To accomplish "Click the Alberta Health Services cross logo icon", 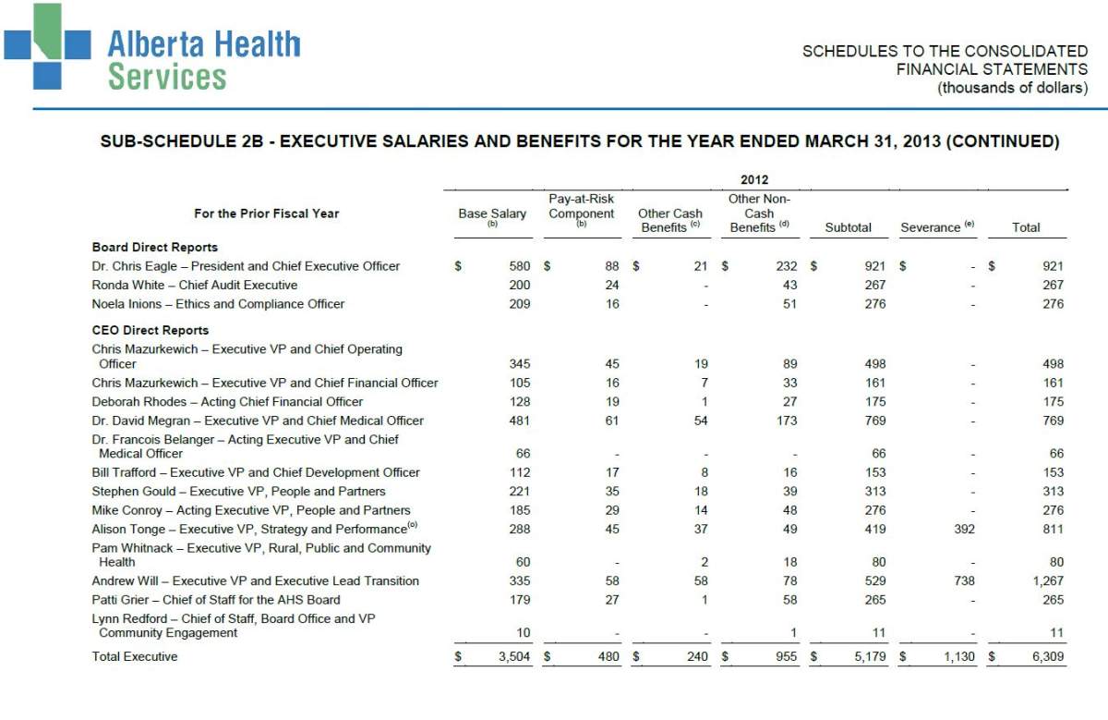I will (47, 46).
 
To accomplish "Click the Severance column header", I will (936, 227).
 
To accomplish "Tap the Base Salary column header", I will (492, 214).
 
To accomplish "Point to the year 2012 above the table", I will (753, 180).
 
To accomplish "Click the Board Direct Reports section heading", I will (154, 247).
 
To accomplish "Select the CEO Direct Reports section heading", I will (150, 330).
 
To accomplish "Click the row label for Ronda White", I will (194, 286).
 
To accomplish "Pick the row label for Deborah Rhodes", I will (227, 402).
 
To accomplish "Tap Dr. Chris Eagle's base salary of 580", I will (520, 266).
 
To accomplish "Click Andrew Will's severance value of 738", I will (963, 581).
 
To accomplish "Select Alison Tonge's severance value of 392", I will (963, 530).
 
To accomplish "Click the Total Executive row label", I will (134, 657).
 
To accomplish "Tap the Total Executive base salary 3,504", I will (512, 657).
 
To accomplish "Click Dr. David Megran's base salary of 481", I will (520, 421).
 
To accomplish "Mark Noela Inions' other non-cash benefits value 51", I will (789, 304).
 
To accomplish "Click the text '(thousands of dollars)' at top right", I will (1012, 89).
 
